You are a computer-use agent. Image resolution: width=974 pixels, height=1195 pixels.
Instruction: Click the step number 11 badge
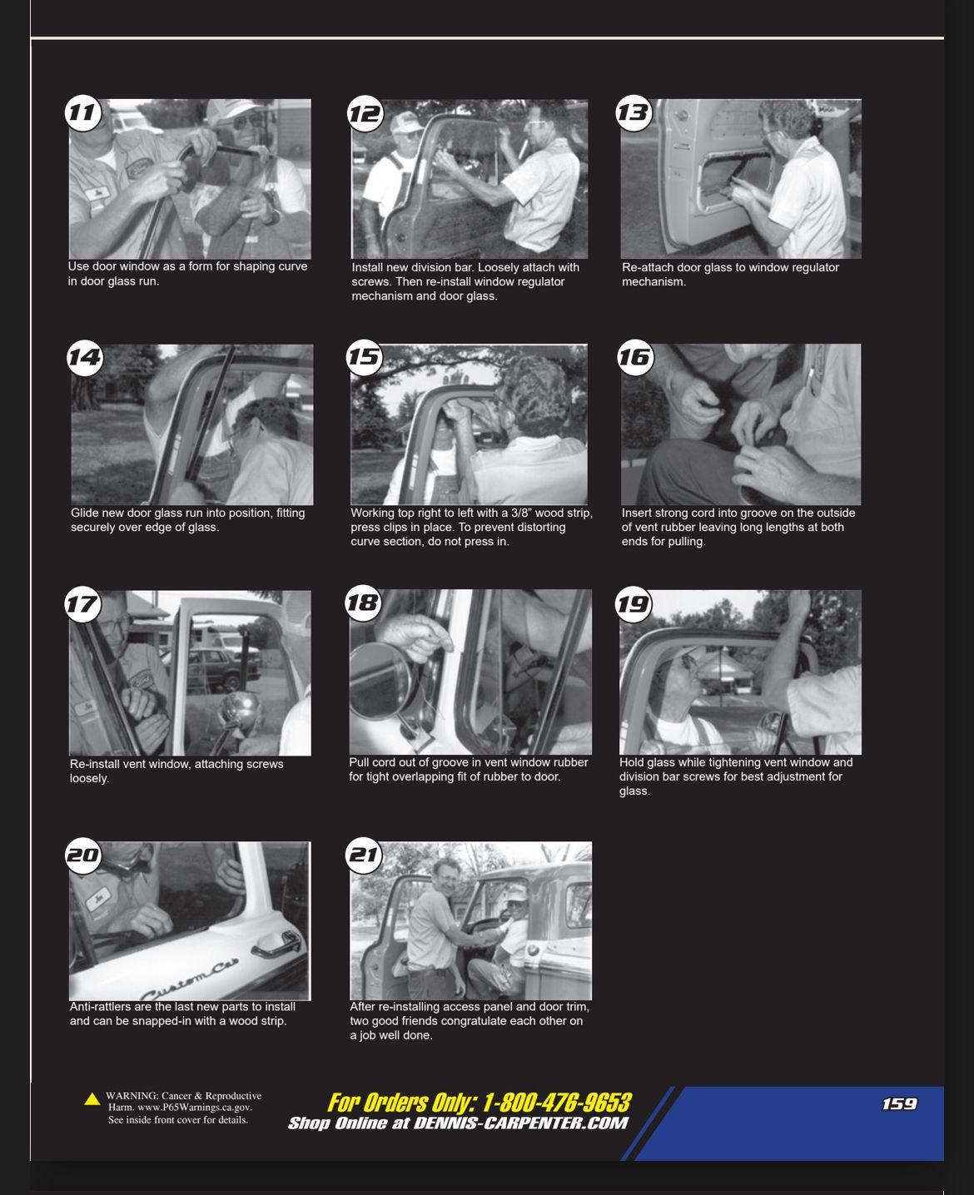click(x=83, y=113)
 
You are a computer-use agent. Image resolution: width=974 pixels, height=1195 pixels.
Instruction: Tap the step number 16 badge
click(x=635, y=357)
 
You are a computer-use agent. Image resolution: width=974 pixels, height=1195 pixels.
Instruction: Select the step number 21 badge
click(x=364, y=855)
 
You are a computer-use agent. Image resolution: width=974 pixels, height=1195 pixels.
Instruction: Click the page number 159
click(x=899, y=1104)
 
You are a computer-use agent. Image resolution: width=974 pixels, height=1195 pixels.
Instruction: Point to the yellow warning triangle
click(x=92, y=1098)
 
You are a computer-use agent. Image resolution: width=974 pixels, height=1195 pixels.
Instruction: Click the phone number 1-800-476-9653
click(x=557, y=1103)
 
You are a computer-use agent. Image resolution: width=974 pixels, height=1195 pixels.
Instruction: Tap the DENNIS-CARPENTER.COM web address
click(x=520, y=1123)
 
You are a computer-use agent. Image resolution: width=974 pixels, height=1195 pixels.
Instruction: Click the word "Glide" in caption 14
click(x=83, y=513)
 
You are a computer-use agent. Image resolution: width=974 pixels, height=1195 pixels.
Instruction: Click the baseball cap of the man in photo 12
click(x=405, y=122)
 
